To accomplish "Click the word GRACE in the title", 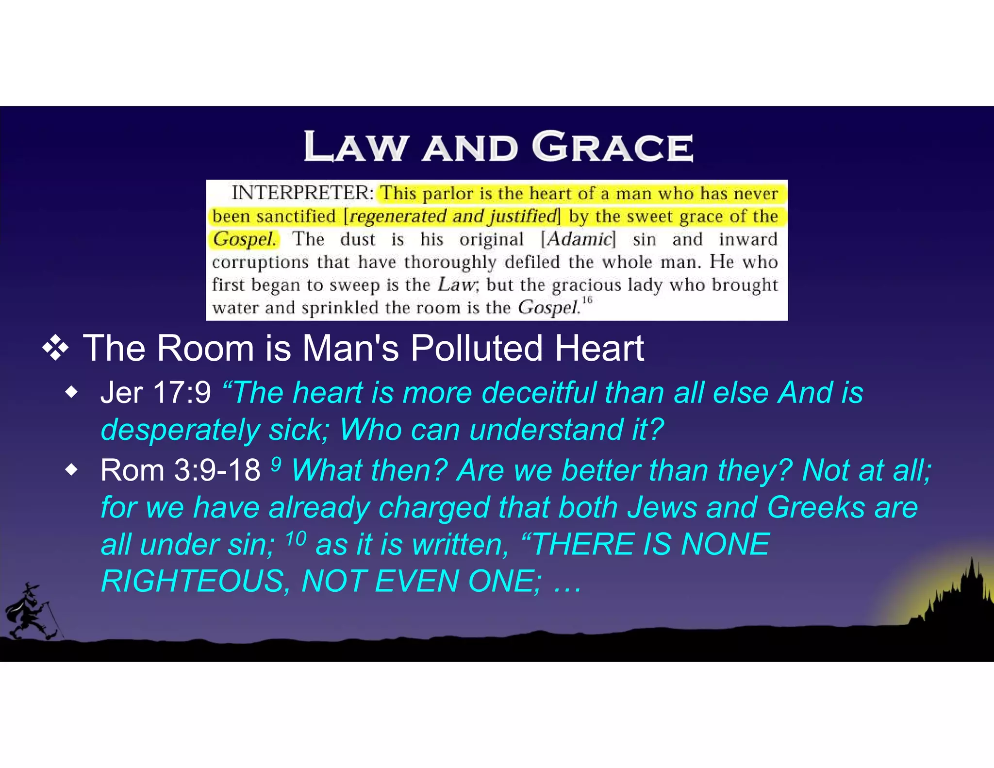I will pyautogui.click(x=613, y=147).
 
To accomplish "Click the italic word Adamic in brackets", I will pyautogui.click(x=579, y=239).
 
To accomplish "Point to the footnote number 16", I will pyautogui.click(x=587, y=300).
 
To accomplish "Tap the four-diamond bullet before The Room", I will pyautogui.click(x=55, y=348).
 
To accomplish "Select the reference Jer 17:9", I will pyautogui.click(x=155, y=392).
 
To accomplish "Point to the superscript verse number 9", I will pyautogui.click(x=276, y=464).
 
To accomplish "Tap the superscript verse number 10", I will pyautogui.click(x=296, y=538).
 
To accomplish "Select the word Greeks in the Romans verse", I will pyautogui.click(x=816, y=507).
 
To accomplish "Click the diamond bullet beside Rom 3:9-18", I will pyautogui.click(x=71, y=470).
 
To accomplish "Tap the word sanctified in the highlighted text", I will pyautogui.click(x=296, y=216).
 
